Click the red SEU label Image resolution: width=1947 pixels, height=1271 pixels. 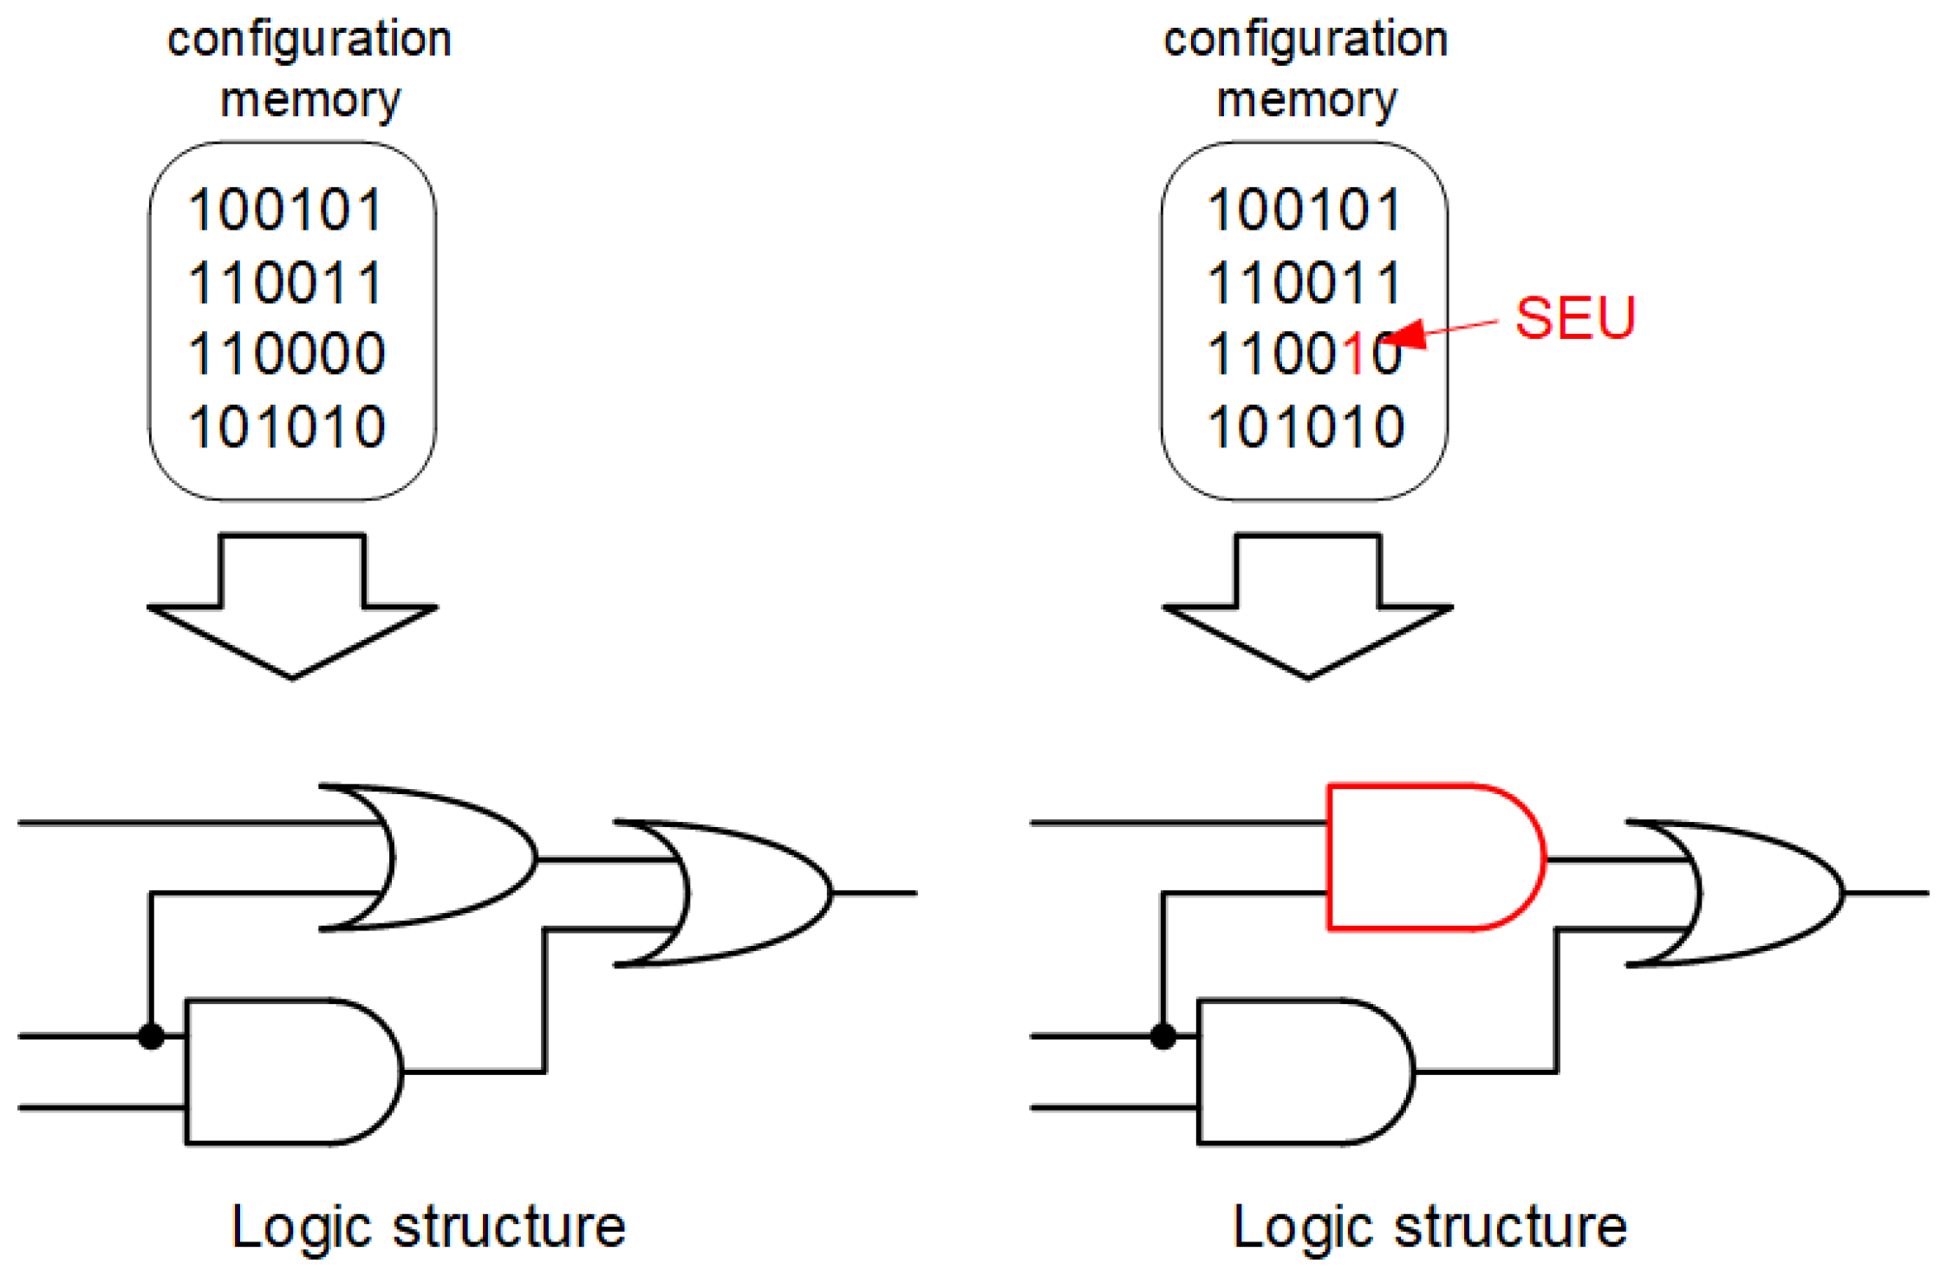pos(1574,317)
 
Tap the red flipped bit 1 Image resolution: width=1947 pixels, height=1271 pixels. pos(1354,354)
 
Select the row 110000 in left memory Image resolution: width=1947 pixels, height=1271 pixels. pos(287,354)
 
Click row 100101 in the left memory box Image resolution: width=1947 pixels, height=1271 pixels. pos(287,210)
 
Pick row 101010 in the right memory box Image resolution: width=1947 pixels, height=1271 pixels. pos(1306,427)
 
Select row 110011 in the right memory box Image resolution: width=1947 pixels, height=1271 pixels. pos(1306,283)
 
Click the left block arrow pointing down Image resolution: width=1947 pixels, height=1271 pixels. pos(292,607)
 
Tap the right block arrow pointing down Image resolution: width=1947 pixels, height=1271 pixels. pos(1307,607)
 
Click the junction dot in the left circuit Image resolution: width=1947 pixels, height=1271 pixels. pos(152,1036)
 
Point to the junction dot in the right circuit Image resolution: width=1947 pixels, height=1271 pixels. pos(1163,1036)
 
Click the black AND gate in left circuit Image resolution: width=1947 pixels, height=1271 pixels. pos(286,1072)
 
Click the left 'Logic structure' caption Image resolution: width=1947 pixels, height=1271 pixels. pos(428,1227)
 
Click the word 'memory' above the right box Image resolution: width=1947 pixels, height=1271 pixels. pos(1306,100)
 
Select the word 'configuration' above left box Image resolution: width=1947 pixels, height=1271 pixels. pos(309,40)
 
